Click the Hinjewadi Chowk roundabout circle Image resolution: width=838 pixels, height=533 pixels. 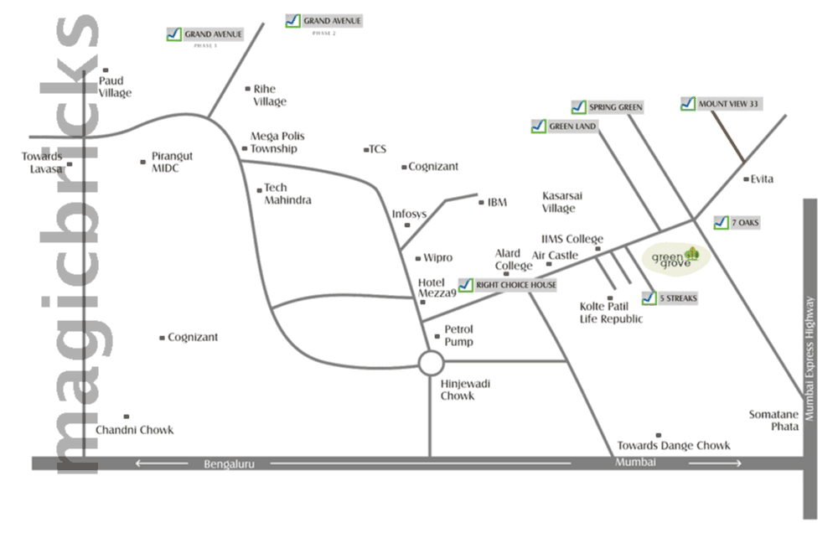click(431, 363)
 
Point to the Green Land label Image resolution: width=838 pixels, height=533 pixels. click(565, 127)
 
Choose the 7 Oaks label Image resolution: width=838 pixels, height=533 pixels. click(732, 222)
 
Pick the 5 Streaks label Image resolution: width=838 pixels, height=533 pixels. click(670, 298)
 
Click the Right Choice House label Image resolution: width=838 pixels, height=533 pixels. click(508, 285)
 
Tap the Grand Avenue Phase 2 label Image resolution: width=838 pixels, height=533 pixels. click(324, 21)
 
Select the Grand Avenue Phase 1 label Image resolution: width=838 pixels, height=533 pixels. click(205, 34)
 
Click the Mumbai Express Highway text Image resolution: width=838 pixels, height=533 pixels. click(810, 360)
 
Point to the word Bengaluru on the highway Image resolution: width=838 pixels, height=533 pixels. click(229, 463)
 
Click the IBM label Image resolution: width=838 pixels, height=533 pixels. click(497, 202)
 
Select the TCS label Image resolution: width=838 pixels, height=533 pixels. click(377, 149)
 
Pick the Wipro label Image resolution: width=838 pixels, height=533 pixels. click(437, 257)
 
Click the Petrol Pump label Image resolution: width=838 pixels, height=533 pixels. click(458, 335)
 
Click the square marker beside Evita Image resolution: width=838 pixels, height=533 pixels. click(746, 179)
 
